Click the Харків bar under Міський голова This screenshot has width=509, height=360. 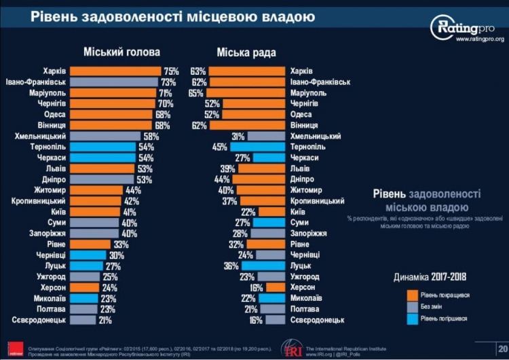pyautogui.click(x=115, y=71)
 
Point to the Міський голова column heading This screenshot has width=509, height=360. pyautogui.click(x=122, y=52)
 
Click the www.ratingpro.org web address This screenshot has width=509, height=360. pyautogui.click(x=479, y=40)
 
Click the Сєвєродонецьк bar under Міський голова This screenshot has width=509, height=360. pyautogui.click(x=83, y=320)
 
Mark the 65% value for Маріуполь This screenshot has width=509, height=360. pyautogui.click(x=196, y=93)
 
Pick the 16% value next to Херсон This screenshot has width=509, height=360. pyautogui.click(x=257, y=287)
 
